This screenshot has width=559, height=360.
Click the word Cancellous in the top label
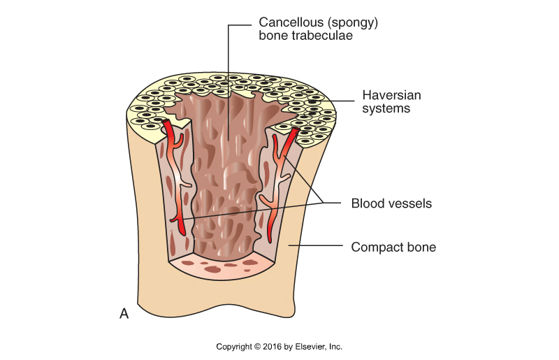pos(284,22)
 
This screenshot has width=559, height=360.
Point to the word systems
pos(386,109)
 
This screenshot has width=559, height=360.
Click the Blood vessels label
pos(391,204)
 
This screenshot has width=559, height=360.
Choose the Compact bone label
pos(393,247)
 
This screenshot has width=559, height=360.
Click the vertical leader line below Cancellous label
pos(228,105)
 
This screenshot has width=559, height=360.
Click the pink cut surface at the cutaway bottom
pos(224,267)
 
